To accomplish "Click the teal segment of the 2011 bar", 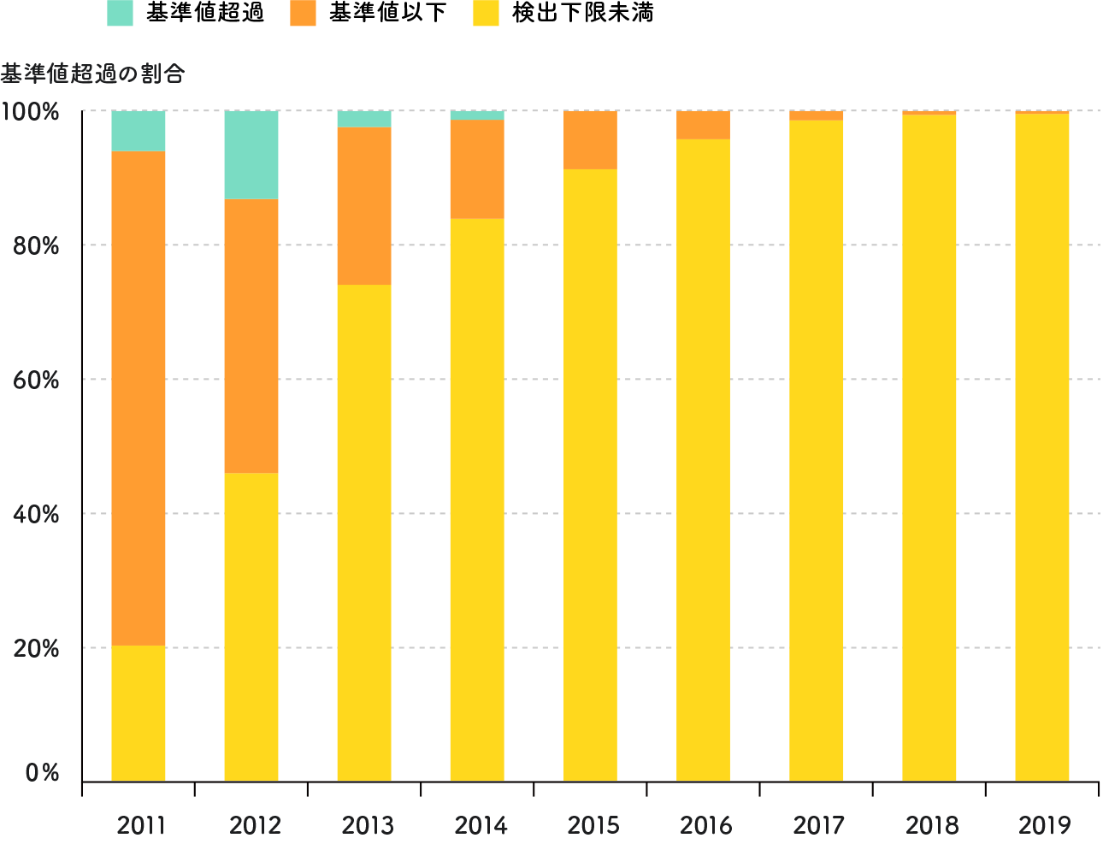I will coord(139,131).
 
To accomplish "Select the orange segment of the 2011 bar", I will coord(139,398).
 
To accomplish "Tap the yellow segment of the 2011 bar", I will coord(139,713).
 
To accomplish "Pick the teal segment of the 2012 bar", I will coord(251,155).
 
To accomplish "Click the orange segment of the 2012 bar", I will coord(251,336).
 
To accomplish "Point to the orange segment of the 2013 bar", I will coord(364,206).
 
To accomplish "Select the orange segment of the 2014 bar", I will coord(477,169).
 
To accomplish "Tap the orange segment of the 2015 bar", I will coord(590,140).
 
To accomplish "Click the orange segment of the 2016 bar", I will coord(703,125).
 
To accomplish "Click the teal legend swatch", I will coord(120,14).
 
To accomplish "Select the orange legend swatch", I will coord(303,14).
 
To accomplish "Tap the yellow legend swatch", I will coord(486,14).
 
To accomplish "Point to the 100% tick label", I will coord(31,112).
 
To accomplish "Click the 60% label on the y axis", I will coord(36,380).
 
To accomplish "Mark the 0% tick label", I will coord(42,773).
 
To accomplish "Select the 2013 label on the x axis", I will coord(368,826).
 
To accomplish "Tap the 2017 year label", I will coord(819,826).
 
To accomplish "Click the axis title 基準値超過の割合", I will coord(92,74).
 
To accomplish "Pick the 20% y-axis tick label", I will coord(36,648).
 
